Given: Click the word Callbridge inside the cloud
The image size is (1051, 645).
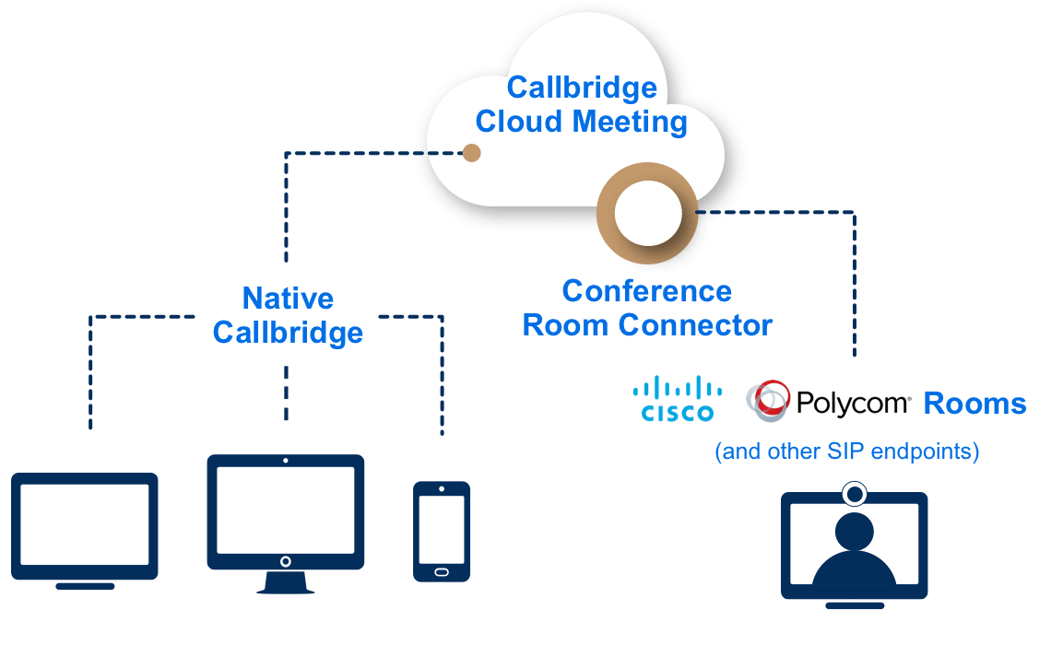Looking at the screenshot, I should (582, 88).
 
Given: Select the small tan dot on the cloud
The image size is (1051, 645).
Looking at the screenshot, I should (471, 153).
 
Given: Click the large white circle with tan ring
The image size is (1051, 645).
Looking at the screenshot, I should (647, 214).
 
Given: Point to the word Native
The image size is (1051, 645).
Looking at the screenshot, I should (287, 299).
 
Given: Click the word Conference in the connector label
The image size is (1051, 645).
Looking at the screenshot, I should (646, 291).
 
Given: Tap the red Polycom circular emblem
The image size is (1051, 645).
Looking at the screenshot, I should (767, 400).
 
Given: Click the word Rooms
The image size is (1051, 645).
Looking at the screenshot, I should (974, 404).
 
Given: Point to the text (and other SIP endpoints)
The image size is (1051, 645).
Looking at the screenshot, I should (846, 452).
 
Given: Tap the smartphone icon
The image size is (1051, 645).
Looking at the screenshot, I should (442, 531).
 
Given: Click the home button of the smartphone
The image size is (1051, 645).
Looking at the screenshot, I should (442, 571).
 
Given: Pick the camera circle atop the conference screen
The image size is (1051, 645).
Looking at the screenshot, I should (855, 495).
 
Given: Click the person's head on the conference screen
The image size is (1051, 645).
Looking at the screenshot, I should (855, 531).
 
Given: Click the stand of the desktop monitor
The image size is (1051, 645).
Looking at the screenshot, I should (285, 583).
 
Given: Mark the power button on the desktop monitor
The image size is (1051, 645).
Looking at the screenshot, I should (285, 561).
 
